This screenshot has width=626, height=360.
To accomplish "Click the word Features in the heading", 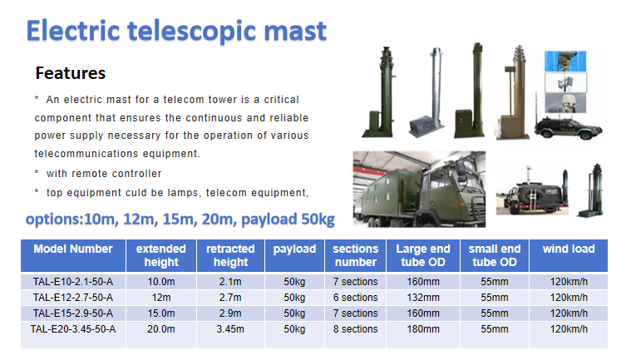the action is (71, 73).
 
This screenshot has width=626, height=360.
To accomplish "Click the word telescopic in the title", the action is (192, 31).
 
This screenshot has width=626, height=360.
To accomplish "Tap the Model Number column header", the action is (73, 249).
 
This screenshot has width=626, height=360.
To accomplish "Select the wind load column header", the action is (569, 249).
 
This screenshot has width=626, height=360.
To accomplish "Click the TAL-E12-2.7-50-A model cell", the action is (73, 298).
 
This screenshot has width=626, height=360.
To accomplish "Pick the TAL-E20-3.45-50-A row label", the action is (73, 329).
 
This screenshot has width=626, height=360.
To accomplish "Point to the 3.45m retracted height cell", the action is (230, 329).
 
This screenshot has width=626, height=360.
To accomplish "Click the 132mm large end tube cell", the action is (423, 298).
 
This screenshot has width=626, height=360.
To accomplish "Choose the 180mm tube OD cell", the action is (423, 329).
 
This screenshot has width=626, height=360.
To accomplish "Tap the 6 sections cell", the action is (355, 298).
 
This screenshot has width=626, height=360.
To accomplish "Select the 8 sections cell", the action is (355, 329).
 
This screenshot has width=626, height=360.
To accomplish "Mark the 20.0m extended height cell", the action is (161, 329).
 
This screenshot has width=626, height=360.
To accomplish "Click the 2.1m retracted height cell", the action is (230, 282).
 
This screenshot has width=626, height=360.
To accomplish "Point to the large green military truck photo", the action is (419, 190).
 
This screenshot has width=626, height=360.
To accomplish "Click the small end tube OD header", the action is (495, 255).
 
